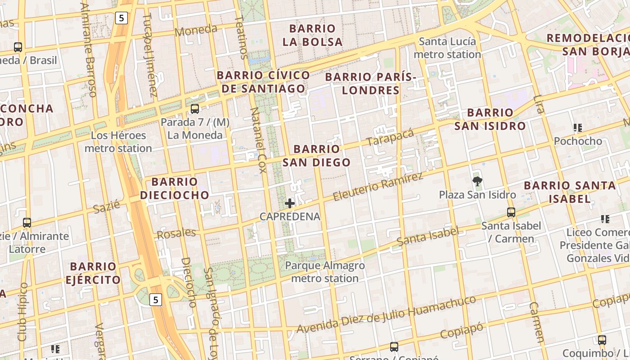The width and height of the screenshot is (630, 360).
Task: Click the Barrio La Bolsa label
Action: point(313,35)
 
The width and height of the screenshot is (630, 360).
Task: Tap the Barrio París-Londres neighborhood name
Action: point(371,84)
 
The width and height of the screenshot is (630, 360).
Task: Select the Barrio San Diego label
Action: point(316,156)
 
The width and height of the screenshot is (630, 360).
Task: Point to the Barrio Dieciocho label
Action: point(175,188)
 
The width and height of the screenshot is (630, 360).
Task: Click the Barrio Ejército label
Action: point(93,273)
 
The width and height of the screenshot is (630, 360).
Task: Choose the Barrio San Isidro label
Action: point(490,119)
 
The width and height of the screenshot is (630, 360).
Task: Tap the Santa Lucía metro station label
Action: point(447,48)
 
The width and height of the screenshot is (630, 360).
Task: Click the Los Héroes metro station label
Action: point(118,142)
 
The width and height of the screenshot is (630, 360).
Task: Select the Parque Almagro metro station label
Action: point(325,272)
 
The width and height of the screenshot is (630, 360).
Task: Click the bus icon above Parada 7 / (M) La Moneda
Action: point(195,109)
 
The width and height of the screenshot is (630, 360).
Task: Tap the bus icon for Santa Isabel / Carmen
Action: point(511,212)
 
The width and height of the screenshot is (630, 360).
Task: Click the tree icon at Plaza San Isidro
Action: point(477,181)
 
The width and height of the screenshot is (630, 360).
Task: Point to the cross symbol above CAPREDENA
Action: point(290,203)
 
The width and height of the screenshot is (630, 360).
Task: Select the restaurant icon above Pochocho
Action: point(578,128)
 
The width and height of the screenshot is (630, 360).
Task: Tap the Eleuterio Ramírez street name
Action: point(378,186)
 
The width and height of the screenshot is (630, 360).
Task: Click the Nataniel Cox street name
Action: point(259,140)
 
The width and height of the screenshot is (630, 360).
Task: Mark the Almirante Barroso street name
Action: point(89,49)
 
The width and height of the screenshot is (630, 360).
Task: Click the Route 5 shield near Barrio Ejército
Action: point(155,300)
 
